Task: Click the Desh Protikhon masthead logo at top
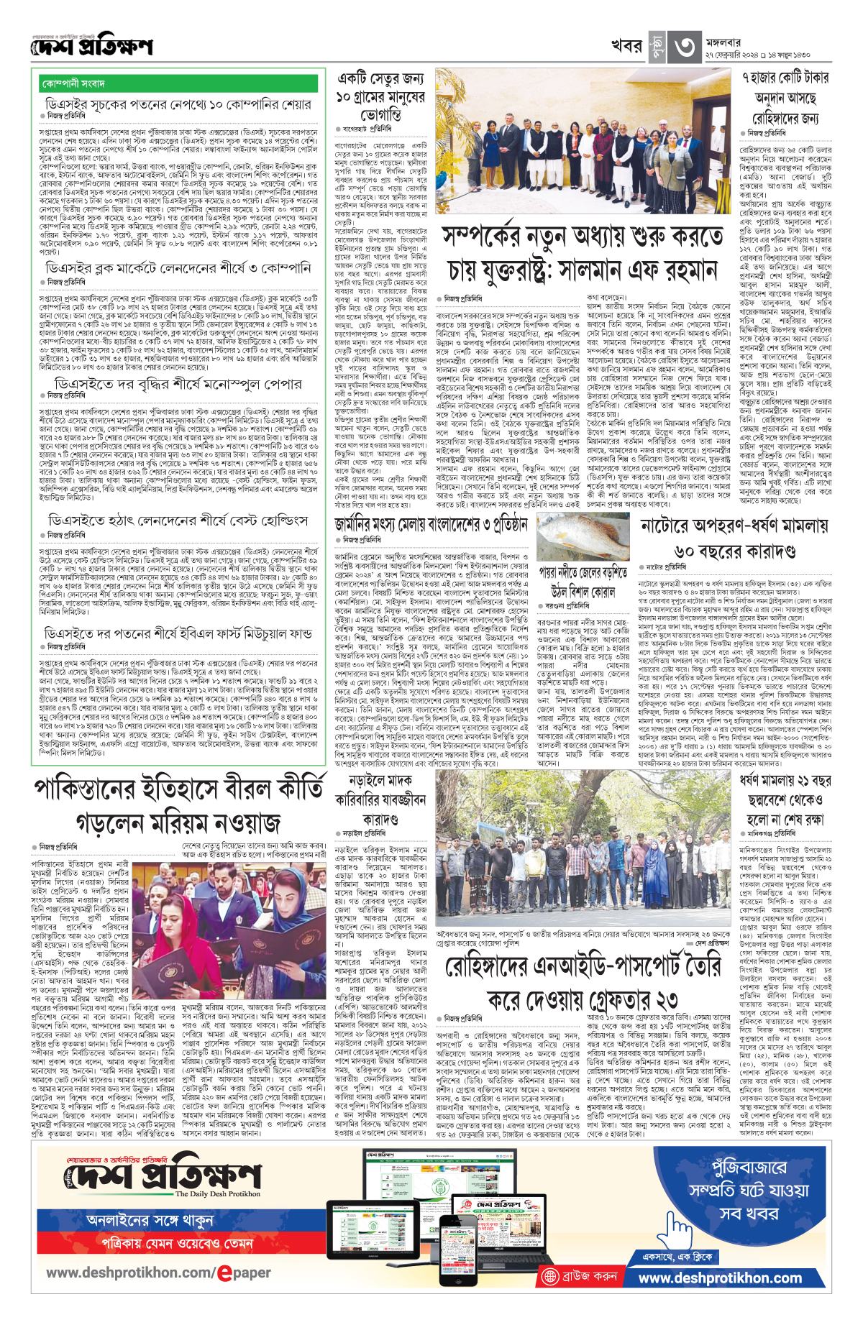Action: coord(92,47)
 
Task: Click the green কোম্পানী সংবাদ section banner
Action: coord(179,83)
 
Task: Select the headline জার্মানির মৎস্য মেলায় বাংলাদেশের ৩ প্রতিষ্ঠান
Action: coord(431,524)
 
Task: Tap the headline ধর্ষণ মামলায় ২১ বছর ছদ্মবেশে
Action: coord(785,799)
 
